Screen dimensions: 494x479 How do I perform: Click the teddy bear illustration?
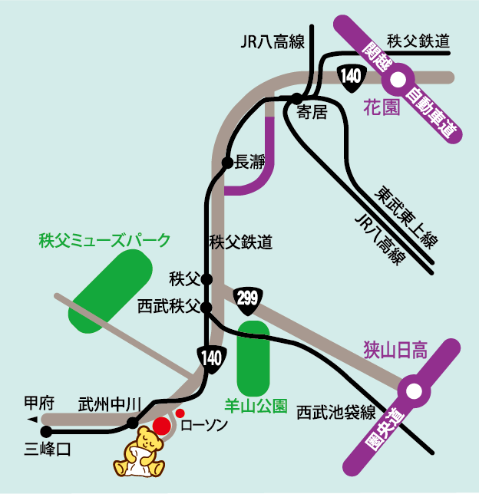tap(140, 455)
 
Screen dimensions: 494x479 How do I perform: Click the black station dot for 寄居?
tap(296, 98)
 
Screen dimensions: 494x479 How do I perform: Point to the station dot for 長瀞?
tap(226, 163)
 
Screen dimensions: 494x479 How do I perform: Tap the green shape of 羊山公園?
tap(254, 357)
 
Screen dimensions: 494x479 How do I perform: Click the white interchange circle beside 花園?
tap(398, 78)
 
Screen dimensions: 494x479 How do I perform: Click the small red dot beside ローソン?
tap(180, 413)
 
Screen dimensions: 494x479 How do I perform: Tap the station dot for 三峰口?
tap(46, 432)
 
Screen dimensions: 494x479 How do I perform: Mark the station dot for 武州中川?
tap(133, 423)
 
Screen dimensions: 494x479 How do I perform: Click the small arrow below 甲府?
tap(32, 420)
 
